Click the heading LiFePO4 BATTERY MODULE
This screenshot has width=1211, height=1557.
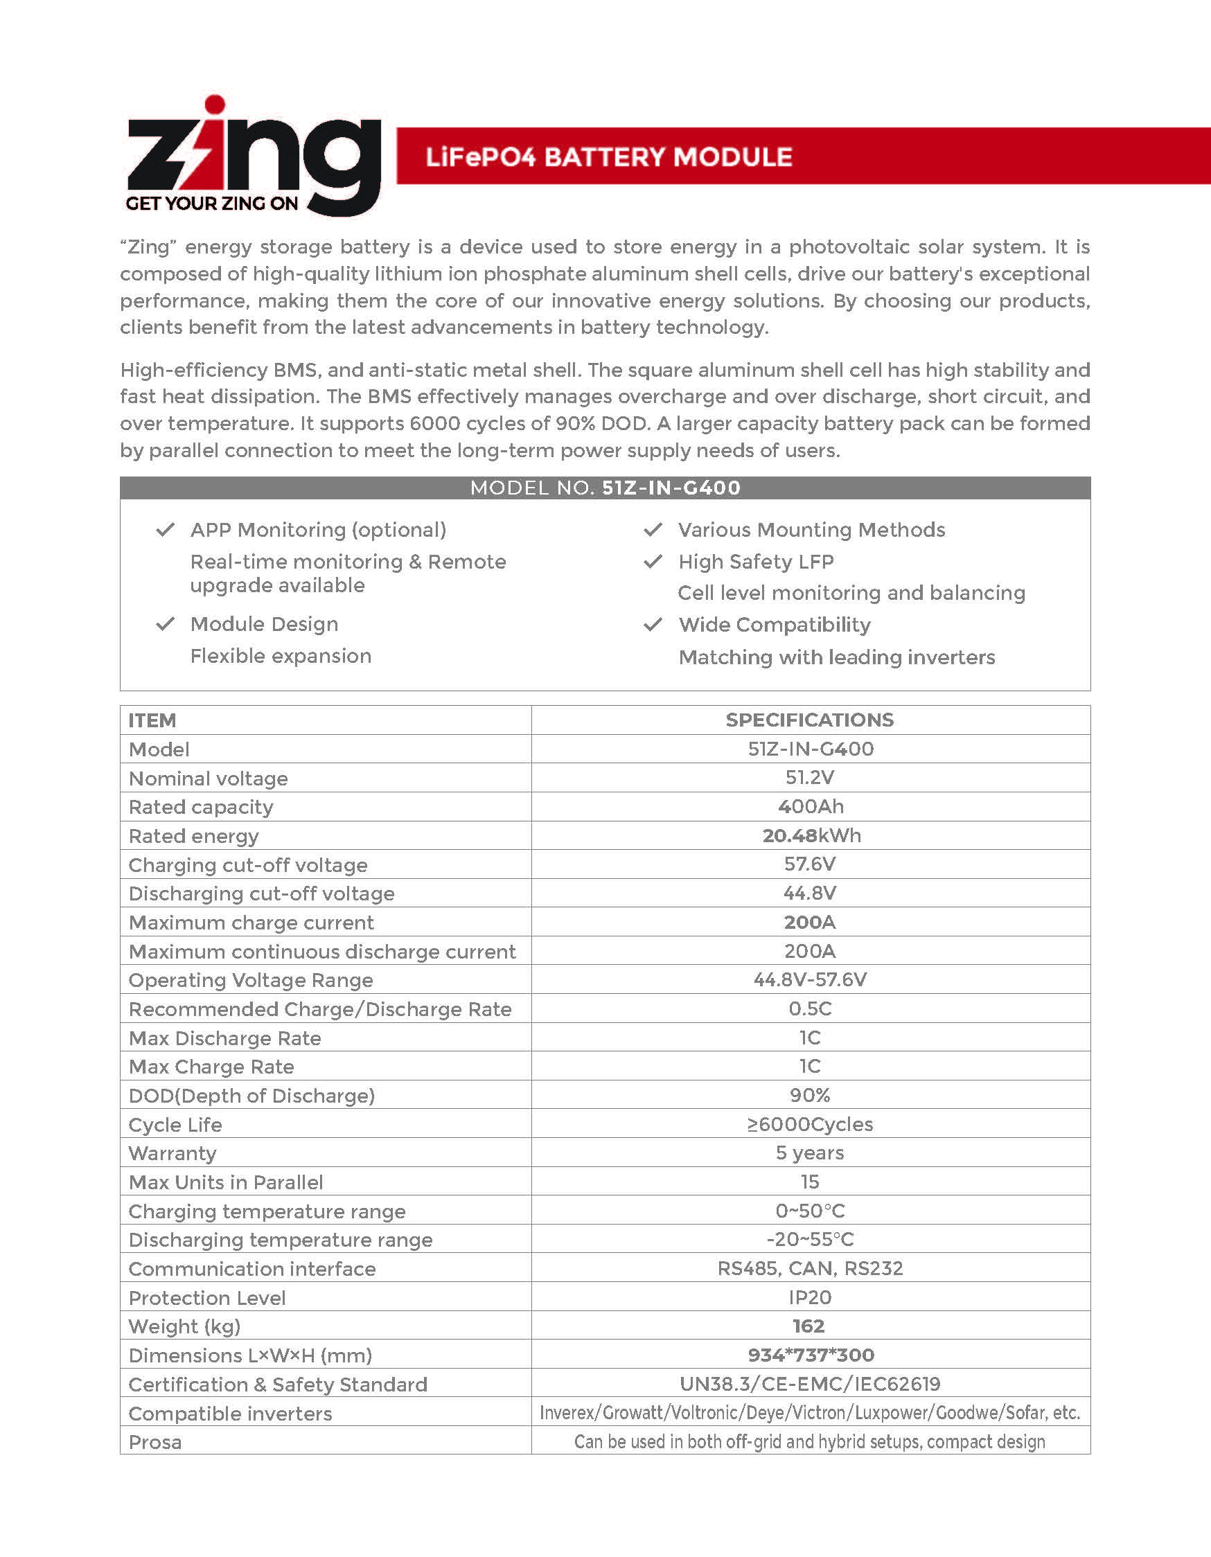(x=608, y=157)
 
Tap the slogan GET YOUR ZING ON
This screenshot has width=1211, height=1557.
(x=212, y=204)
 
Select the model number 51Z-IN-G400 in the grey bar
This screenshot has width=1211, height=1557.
(x=671, y=488)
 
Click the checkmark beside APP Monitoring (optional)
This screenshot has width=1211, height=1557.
(x=166, y=530)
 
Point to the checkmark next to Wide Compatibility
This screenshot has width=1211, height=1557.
(x=653, y=625)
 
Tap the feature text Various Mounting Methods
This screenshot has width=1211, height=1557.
(x=812, y=530)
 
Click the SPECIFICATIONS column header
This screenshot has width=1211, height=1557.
(x=809, y=720)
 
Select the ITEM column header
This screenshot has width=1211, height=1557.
(x=152, y=721)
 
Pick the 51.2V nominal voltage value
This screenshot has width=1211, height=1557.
(x=809, y=778)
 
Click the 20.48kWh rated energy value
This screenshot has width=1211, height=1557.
(x=811, y=835)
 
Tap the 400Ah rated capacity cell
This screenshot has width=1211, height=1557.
(x=810, y=806)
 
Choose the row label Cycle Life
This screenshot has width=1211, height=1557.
(x=175, y=1125)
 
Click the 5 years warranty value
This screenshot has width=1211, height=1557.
(x=809, y=1153)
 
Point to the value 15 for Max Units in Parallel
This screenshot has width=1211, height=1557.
(x=809, y=1182)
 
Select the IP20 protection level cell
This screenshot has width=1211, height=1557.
(x=809, y=1297)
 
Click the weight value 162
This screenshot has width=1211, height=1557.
(x=808, y=1326)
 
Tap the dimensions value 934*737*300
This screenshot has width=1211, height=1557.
(x=810, y=1355)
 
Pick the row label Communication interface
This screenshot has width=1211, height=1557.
(x=251, y=1269)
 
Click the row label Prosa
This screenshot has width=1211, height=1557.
(x=154, y=1442)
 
